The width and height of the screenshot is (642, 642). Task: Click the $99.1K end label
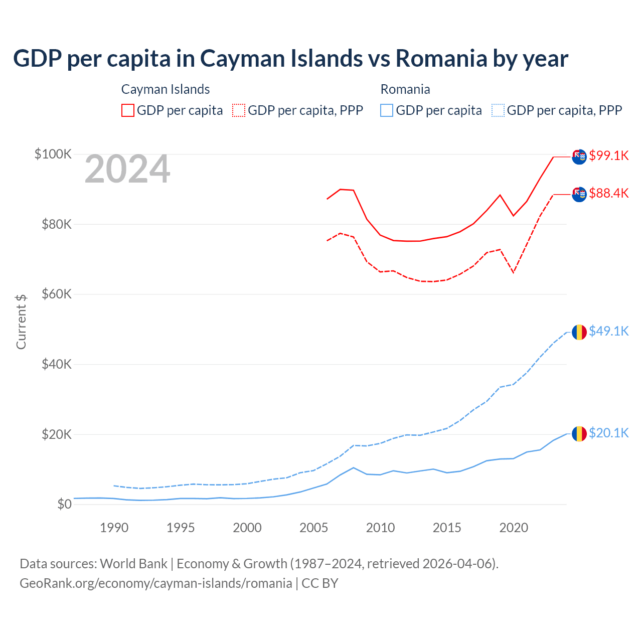coord(608,155)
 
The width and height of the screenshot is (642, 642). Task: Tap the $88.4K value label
coord(608,193)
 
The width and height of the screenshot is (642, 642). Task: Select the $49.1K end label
coord(608,331)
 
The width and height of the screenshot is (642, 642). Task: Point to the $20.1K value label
coord(608,433)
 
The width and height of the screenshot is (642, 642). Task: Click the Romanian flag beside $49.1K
coord(579,332)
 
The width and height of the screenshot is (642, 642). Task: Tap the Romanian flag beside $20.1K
coord(579,433)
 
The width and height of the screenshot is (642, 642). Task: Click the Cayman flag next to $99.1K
coord(579,156)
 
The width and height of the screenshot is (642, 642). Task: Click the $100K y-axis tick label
coord(53,154)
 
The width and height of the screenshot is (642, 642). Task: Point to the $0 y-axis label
coord(64,504)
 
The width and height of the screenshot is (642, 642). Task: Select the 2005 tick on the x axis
coord(313,528)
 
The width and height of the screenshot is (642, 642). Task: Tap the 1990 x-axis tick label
coord(114,528)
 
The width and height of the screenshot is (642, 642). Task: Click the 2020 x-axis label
coord(514,528)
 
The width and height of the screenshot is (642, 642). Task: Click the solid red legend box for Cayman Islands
coord(128,110)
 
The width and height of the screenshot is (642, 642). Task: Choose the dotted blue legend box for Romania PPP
coord(498,110)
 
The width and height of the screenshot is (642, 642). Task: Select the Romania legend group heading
coord(405,89)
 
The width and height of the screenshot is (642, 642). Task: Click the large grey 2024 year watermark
coord(127,170)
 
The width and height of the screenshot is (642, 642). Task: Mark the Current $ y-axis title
coord(21,322)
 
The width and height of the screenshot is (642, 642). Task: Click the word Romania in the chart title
coord(441,58)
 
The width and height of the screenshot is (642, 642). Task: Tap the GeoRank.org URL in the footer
coord(156,583)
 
